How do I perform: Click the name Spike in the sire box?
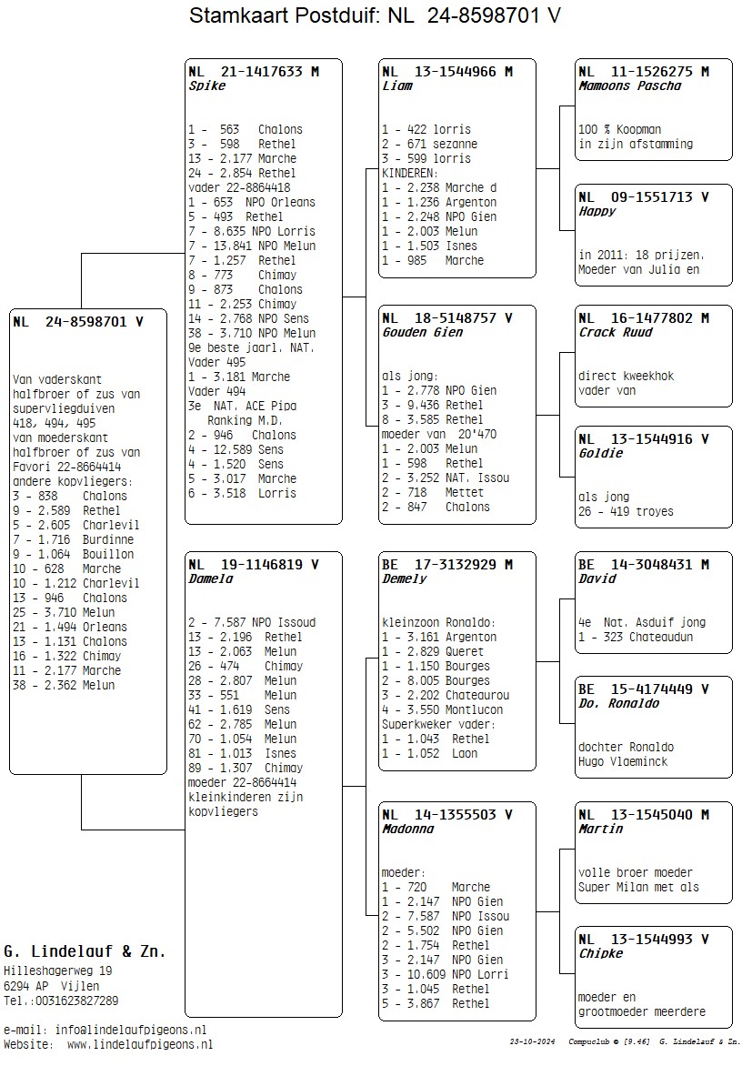pyautogui.click(x=206, y=86)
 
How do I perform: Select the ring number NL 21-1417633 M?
pyautogui.click(x=253, y=71)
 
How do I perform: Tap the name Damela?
pyautogui.click(x=211, y=578)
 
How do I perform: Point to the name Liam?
pyautogui.click(x=397, y=86)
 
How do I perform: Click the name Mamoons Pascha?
pyautogui.click(x=629, y=86)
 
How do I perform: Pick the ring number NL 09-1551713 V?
pyautogui.click(x=643, y=196)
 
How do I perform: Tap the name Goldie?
pyautogui.click(x=601, y=454)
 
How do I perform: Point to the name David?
pyautogui.click(x=597, y=578)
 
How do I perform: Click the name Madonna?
pyautogui.click(x=407, y=830)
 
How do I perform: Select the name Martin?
pyautogui.click(x=601, y=830)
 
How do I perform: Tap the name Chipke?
pyautogui.click(x=601, y=954)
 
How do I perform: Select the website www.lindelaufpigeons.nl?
pyautogui.click(x=139, y=1044)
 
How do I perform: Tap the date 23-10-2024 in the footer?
pyautogui.click(x=532, y=1041)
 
